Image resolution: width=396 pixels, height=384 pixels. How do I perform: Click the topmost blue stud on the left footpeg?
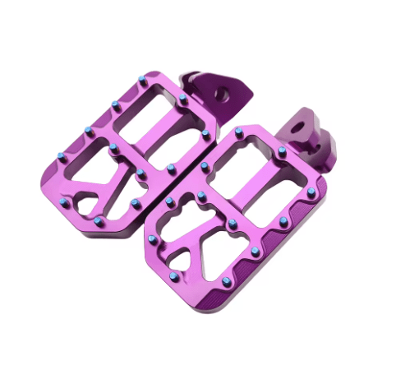tap(143, 79)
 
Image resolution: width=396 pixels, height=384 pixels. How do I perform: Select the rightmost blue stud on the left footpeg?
tap(205, 132)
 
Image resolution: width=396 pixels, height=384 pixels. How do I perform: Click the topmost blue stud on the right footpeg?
tap(239, 131)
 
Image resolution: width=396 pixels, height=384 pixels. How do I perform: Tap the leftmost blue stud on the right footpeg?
tap(152, 239)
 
